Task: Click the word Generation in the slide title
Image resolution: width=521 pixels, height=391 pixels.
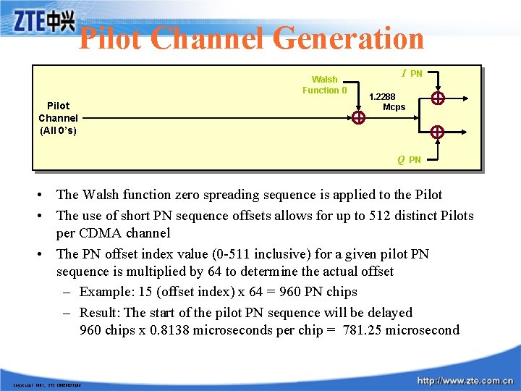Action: (348, 38)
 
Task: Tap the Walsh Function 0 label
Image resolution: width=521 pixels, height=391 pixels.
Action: (324, 85)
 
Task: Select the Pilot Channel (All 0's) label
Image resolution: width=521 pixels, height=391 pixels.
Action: (58, 118)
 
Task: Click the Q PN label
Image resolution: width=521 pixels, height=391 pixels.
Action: (409, 159)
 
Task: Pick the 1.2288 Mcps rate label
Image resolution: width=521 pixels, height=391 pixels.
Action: (389, 101)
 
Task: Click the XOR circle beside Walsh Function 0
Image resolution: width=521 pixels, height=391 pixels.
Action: (358, 119)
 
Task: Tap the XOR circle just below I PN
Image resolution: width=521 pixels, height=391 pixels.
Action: (437, 98)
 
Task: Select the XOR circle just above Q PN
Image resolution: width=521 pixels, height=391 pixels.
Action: (437, 132)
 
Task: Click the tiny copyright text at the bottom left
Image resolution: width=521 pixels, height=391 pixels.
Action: (46, 384)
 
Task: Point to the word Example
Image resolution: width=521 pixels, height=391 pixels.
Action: (106, 292)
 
